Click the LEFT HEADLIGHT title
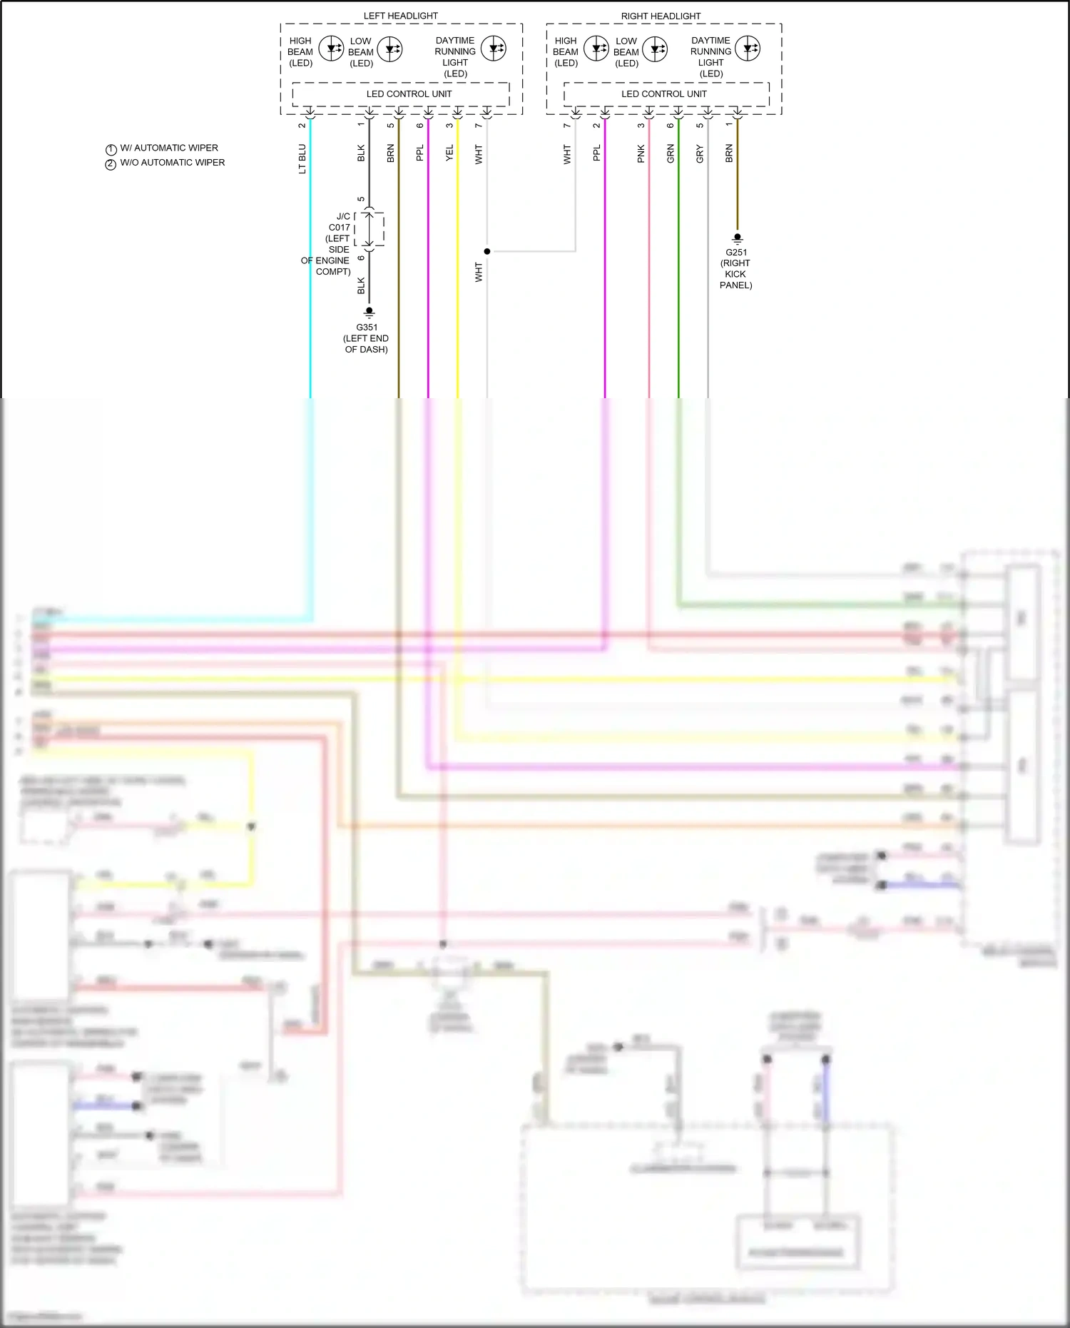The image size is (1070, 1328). (400, 16)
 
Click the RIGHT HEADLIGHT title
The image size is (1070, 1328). (661, 16)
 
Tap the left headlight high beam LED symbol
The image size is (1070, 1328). (331, 49)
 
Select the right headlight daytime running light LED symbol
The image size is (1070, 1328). (748, 49)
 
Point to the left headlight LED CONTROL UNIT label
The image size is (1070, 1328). (409, 94)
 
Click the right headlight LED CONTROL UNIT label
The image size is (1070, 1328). (663, 94)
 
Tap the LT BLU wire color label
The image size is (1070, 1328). (302, 158)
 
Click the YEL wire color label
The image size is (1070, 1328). (449, 153)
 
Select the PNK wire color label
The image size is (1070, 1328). (641, 153)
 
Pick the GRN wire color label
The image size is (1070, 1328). (671, 153)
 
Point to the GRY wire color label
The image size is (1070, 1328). (700, 153)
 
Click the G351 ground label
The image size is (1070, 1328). (367, 328)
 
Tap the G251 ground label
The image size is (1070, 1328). (736, 252)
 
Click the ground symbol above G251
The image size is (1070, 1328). (738, 238)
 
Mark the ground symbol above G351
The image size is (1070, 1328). (369, 313)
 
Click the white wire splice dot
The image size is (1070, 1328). (487, 251)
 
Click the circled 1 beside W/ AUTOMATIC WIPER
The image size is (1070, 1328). (111, 149)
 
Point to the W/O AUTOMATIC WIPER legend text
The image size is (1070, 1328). (172, 163)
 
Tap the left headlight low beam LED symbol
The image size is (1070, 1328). (389, 49)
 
